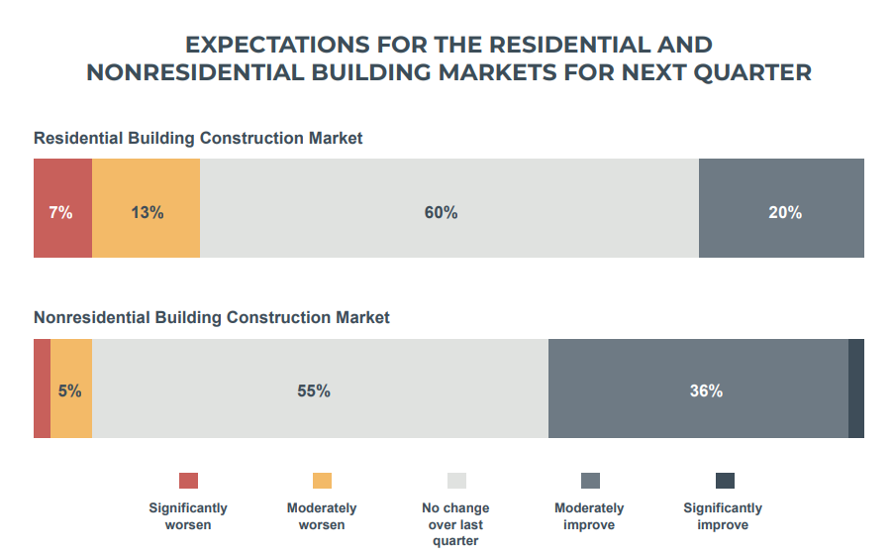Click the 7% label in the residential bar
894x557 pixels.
(x=60, y=212)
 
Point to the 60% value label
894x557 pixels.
(x=442, y=212)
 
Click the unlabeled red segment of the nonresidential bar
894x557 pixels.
(x=42, y=389)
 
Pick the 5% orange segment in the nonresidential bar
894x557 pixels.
(x=71, y=389)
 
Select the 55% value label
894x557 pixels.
(x=314, y=391)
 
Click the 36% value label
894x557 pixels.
(x=706, y=391)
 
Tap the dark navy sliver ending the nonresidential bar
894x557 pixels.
(x=856, y=389)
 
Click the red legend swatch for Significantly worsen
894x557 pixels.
(x=188, y=481)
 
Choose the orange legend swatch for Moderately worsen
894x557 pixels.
(x=322, y=481)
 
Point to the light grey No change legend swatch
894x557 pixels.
(x=456, y=481)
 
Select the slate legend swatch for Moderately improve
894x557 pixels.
(x=590, y=481)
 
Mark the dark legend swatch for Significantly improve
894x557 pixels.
(x=725, y=481)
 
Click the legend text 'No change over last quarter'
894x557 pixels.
(x=455, y=524)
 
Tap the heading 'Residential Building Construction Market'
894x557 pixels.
(x=198, y=139)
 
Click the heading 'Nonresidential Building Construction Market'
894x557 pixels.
(x=212, y=318)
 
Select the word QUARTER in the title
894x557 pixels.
(x=750, y=73)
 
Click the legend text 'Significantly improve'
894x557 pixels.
(x=723, y=516)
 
